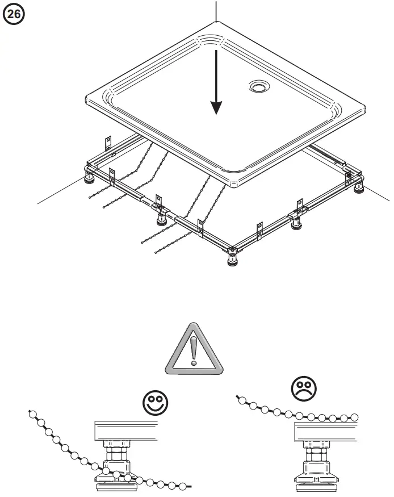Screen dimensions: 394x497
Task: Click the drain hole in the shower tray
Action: [259, 87]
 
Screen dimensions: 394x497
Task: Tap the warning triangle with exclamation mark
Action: [194, 353]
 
